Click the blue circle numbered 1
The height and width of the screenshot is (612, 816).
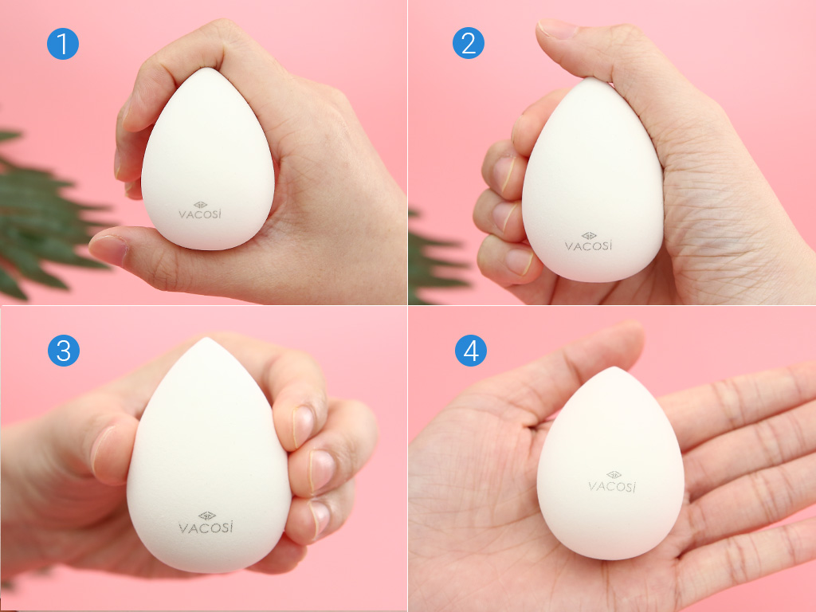point(63,44)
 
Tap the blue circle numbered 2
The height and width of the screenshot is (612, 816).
point(469,43)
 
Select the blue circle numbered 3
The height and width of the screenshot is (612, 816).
point(64,351)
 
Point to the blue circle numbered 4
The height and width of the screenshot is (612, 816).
point(471,351)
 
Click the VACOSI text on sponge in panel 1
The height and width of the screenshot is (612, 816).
point(200,214)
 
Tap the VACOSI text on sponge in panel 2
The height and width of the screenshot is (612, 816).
point(589,245)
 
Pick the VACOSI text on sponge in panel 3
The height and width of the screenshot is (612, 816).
point(206,528)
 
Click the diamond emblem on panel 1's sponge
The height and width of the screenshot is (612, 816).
point(200,205)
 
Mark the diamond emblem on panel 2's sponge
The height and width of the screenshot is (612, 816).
point(589,236)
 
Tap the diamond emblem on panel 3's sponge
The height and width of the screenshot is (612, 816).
point(207,516)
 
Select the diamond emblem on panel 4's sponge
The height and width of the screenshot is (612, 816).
point(614,475)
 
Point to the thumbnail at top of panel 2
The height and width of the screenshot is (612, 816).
point(557,28)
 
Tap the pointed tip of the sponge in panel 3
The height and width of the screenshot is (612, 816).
point(206,338)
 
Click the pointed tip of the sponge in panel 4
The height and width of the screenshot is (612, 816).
point(614,367)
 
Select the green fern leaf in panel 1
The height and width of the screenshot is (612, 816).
point(41,214)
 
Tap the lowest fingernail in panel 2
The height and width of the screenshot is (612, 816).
point(519,261)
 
